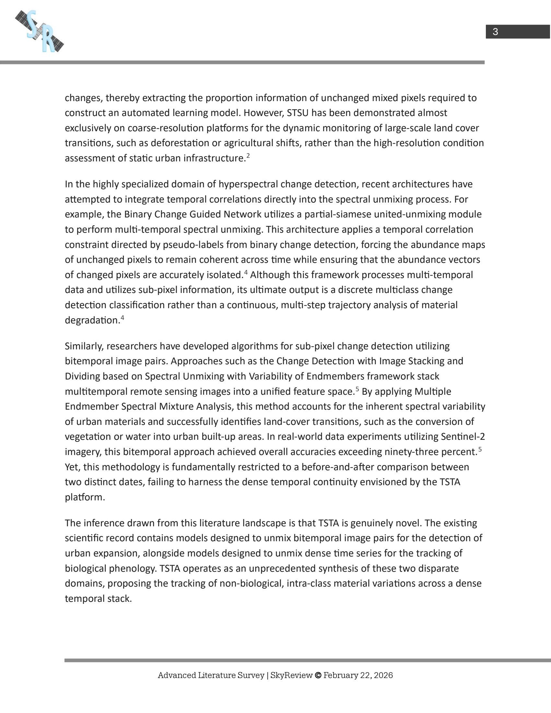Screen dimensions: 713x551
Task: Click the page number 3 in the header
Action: (x=495, y=32)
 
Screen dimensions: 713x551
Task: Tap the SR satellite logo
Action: (x=40, y=31)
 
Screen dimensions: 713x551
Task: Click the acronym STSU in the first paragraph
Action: (x=298, y=113)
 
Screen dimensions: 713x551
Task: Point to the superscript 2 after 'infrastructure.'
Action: (x=248, y=156)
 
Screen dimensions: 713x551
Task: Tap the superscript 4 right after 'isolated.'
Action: (x=246, y=272)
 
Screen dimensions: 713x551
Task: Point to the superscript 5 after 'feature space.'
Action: (x=357, y=389)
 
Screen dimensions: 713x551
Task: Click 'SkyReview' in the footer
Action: (x=291, y=675)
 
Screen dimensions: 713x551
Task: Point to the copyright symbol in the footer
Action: (x=318, y=675)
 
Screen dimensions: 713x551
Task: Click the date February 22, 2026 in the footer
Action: (x=358, y=675)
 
